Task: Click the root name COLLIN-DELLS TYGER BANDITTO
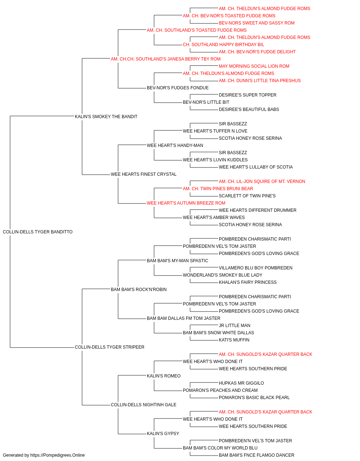pyautogui.click(x=38, y=232)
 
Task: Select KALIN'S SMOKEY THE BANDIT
pyautogui.click(x=106, y=116)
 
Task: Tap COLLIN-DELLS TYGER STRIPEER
pyautogui.click(x=109, y=347)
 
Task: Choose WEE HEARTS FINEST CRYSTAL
pyautogui.click(x=144, y=174)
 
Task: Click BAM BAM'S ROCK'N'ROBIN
pyautogui.click(x=139, y=289)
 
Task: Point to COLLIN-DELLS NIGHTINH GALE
pyautogui.click(x=144, y=405)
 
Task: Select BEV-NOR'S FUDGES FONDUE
pyautogui.click(x=178, y=88)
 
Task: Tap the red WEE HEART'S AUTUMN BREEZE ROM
pyautogui.click(x=186, y=203)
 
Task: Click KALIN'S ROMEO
pyautogui.click(x=164, y=376)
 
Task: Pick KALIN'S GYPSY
pyautogui.click(x=163, y=434)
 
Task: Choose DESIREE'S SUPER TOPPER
pyautogui.click(x=248, y=95)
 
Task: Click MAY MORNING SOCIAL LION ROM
pyautogui.click(x=254, y=66)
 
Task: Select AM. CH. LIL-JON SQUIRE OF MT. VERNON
pyautogui.click(x=262, y=182)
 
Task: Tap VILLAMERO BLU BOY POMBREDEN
pyautogui.click(x=256, y=268)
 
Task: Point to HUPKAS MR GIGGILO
pyautogui.click(x=241, y=383)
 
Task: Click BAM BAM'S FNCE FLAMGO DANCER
pyautogui.click(x=257, y=455)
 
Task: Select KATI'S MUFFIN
pyautogui.click(x=234, y=340)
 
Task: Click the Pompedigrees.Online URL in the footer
pyautogui.click(x=58, y=455)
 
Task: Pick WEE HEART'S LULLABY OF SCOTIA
pyautogui.click(x=256, y=167)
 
